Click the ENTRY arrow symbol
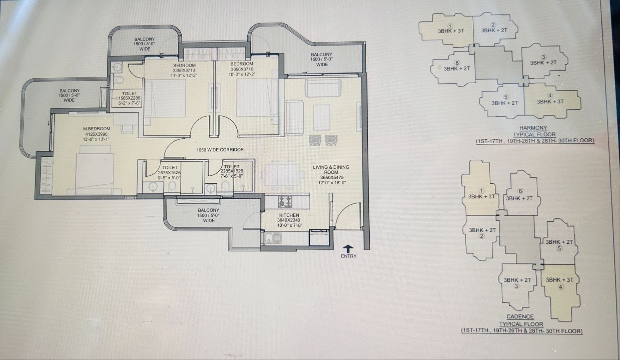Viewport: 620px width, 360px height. (348, 248)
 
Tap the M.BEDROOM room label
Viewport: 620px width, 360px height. (96, 129)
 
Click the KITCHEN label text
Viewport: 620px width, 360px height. (289, 215)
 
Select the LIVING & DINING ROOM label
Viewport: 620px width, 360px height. (331, 169)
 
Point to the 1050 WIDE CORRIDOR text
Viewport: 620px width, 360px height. (220, 150)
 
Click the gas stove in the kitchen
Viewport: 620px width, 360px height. (285, 201)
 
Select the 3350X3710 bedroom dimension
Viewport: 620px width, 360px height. (184, 70)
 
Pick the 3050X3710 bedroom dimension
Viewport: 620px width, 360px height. (242, 69)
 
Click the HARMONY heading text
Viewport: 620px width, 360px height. (533, 128)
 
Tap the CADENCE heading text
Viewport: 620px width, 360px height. (520, 317)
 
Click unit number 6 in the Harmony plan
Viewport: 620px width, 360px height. (457, 63)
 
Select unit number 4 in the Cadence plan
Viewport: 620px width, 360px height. (560, 287)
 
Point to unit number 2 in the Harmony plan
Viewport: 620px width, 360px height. (493, 25)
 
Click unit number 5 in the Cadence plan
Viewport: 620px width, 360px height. (559, 248)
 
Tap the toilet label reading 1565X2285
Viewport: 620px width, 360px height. (129, 98)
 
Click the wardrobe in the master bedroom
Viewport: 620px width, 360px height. (46, 174)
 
